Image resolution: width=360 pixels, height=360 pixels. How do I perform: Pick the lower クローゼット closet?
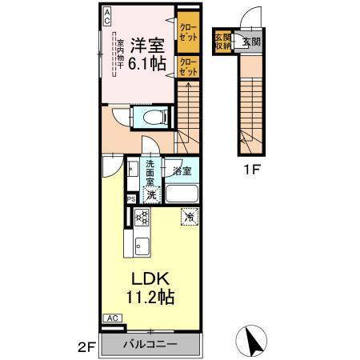[188, 67]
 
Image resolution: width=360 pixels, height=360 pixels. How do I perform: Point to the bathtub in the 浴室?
[182, 194]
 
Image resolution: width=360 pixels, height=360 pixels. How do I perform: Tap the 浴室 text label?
[181, 170]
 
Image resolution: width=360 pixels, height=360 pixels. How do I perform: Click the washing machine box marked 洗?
[150, 194]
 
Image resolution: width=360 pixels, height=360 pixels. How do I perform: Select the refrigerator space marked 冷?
[189, 217]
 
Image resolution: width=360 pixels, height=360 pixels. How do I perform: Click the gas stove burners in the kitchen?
[142, 218]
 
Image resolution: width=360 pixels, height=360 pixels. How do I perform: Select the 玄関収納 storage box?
[222, 42]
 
